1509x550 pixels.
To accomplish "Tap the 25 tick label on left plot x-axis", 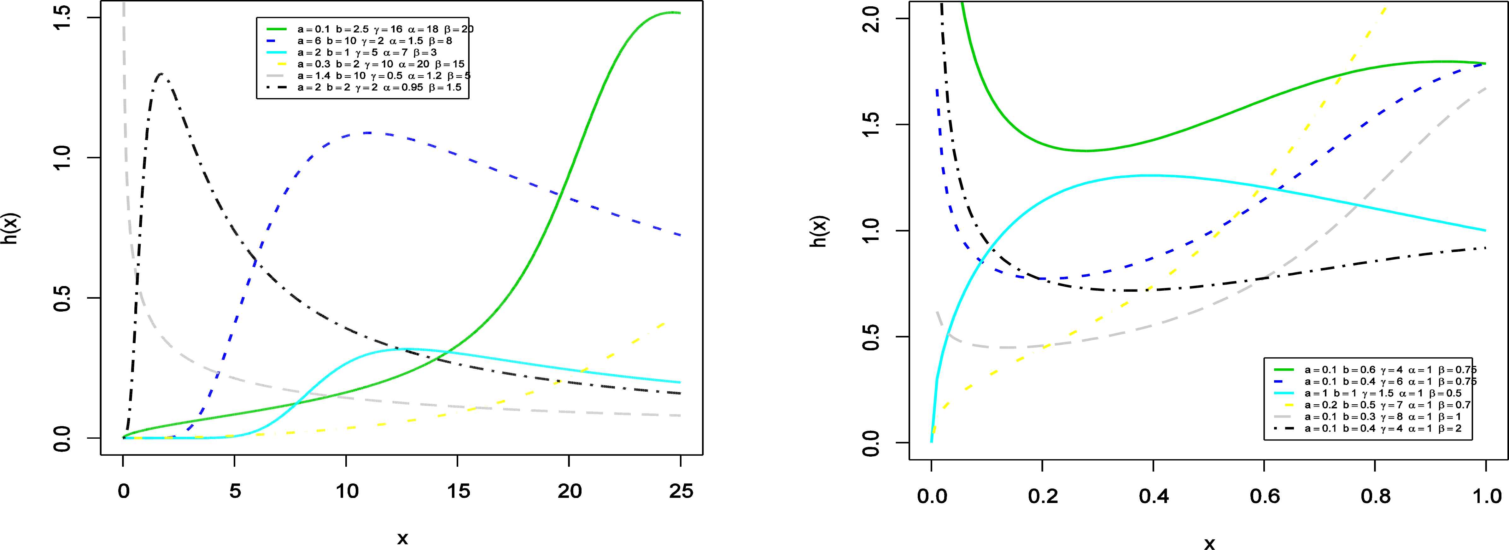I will click(681, 491).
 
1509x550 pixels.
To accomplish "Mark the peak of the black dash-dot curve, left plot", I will click(161, 74).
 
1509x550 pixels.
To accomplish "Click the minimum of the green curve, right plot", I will click(1087, 150).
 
